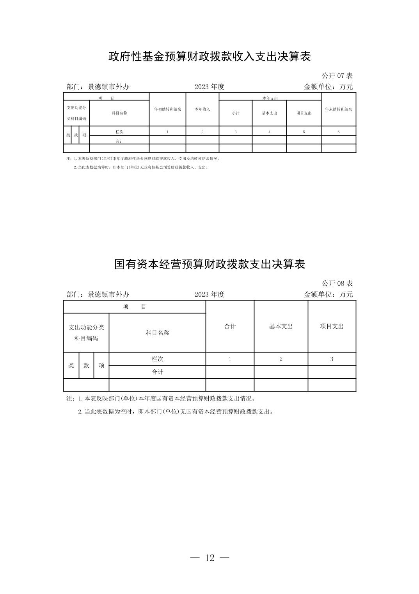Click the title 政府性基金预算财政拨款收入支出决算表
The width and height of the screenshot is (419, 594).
(209, 57)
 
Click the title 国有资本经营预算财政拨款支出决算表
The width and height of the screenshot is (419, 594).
(209, 264)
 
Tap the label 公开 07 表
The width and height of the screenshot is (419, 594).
(337, 76)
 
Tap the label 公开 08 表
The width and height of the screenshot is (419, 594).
(337, 283)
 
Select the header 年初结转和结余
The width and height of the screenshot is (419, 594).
(167, 109)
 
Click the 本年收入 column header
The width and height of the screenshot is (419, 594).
(202, 109)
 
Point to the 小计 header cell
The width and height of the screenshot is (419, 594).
(235, 113)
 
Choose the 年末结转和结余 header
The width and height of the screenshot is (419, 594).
(338, 109)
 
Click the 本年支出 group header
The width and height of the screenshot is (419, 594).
(270, 98)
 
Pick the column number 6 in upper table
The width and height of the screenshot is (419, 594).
(338, 132)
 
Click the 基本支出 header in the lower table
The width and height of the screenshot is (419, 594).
(281, 326)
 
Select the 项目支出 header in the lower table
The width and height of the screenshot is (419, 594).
(332, 326)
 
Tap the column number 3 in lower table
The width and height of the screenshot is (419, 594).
(332, 359)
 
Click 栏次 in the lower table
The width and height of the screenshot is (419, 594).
(157, 359)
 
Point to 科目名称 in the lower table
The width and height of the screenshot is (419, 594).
(157, 333)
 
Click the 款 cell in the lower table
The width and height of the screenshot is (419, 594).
(86, 365)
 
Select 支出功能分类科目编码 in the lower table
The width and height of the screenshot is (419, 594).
(86, 333)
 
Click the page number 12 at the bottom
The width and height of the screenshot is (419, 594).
(209, 558)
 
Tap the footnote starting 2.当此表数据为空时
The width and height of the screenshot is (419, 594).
(176, 412)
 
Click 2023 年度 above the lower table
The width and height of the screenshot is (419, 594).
(209, 294)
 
